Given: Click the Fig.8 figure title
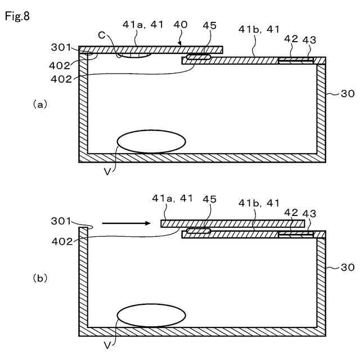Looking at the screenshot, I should tap(17, 16).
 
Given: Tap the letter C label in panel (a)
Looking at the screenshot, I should tap(101, 35).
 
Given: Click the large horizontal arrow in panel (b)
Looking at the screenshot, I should tap(126, 223).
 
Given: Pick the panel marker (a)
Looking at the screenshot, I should tap(40, 105).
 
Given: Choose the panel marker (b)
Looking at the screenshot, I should tap(40, 278).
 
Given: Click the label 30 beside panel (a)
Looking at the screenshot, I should tap(348, 94).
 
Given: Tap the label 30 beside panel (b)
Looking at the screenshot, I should tap(348, 268).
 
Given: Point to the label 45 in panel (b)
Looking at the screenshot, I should tap(209, 199).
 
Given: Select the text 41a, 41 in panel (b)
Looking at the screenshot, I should tap(173, 199).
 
